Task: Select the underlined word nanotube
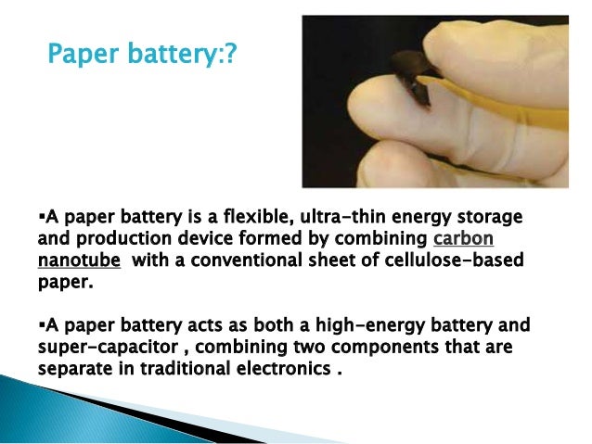pos(79,260)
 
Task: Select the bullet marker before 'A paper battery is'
pos(41,218)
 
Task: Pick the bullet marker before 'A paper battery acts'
pos(41,325)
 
